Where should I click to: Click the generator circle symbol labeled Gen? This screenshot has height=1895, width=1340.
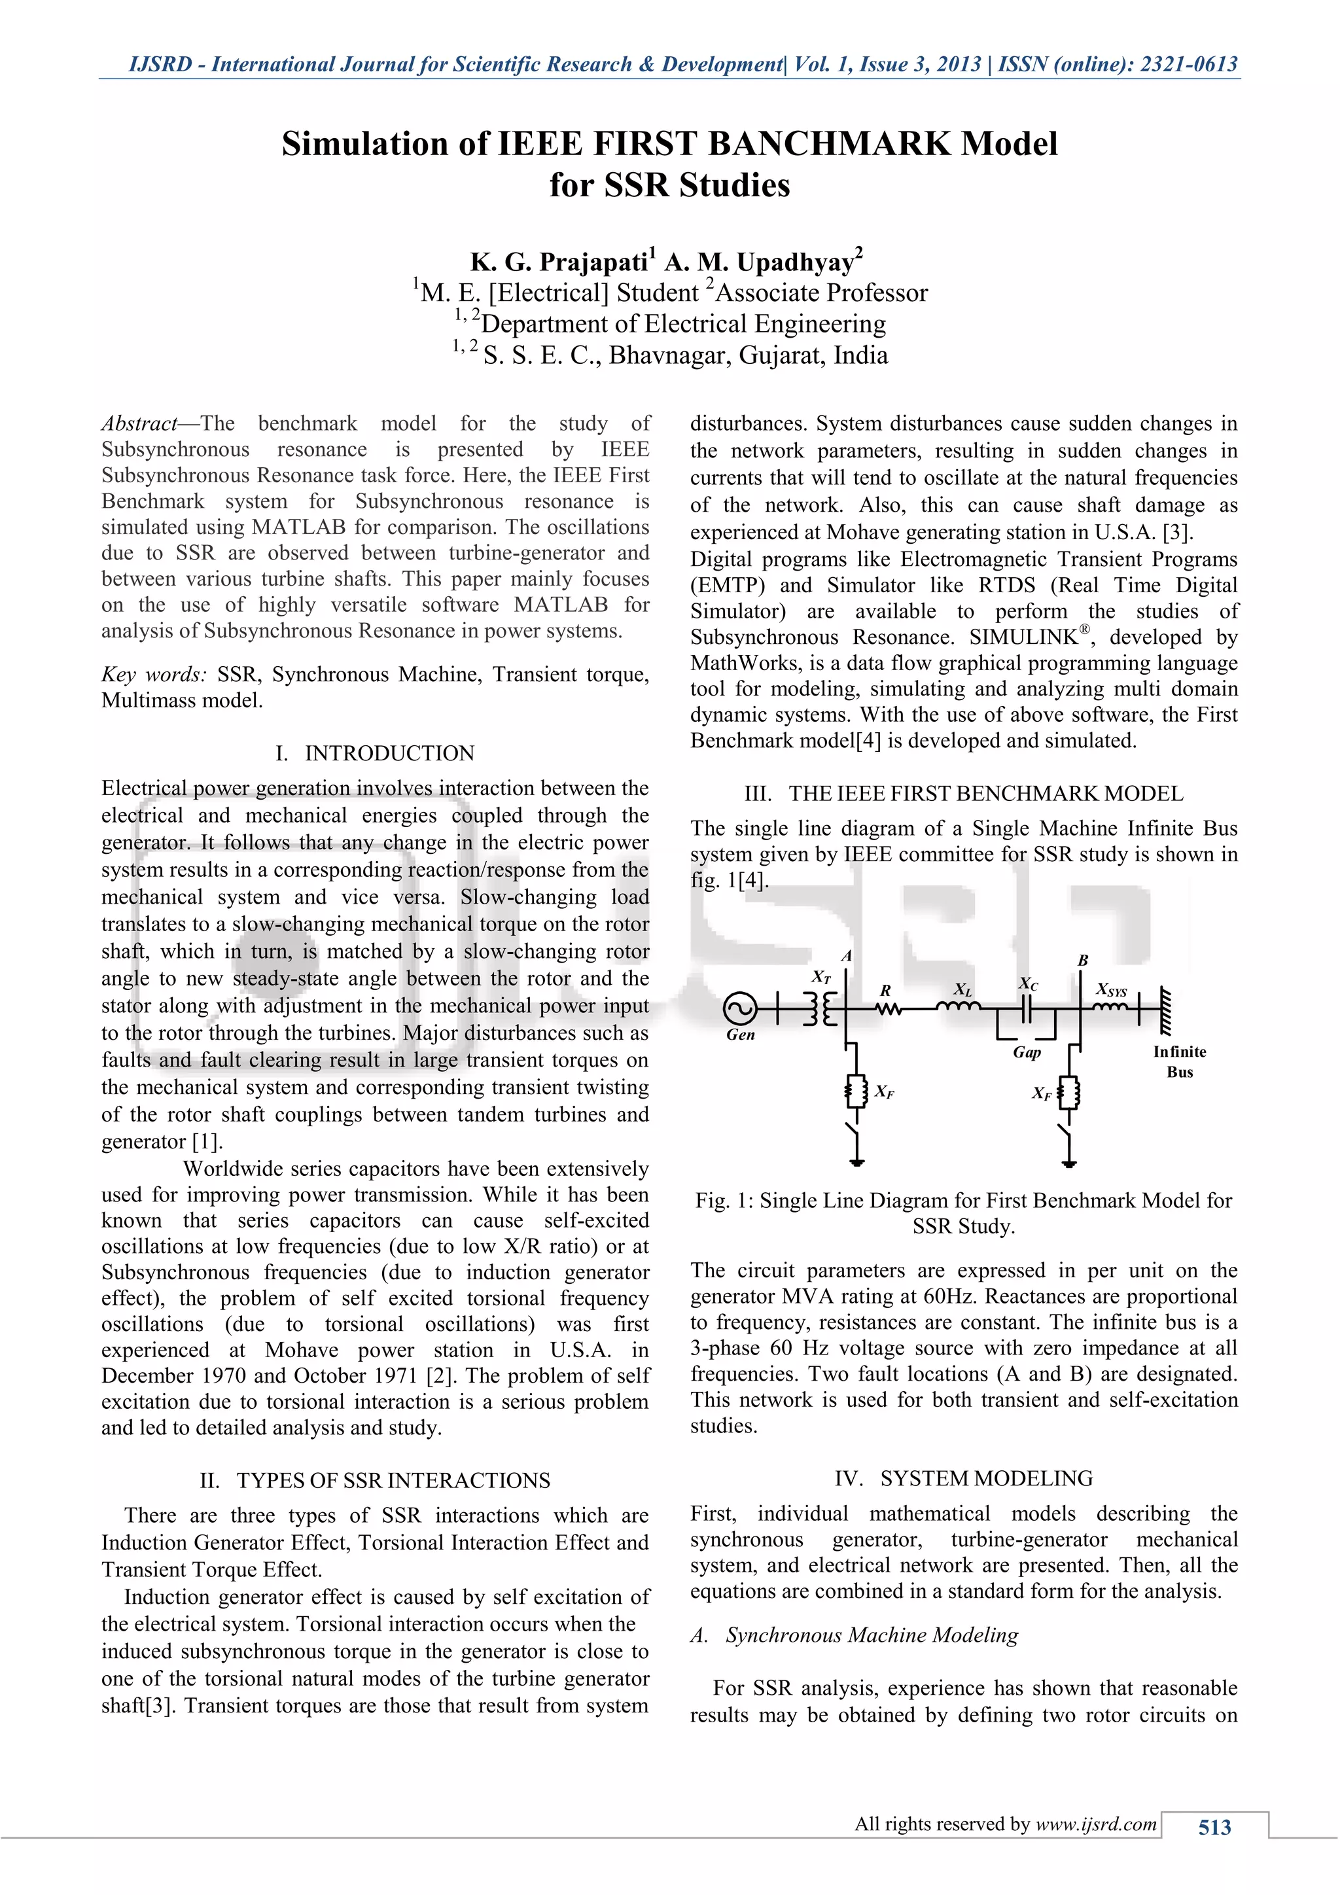coord(740,1008)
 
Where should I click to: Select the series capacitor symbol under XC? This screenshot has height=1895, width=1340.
coord(1027,1008)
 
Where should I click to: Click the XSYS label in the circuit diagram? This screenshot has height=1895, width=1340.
coord(1112,989)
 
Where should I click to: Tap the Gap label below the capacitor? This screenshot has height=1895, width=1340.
coord(1027,1052)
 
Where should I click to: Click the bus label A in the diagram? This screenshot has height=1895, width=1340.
coord(846,957)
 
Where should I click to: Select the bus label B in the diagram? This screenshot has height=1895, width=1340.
coord(1083,961)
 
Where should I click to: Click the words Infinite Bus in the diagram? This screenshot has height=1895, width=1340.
coord(1179,1061)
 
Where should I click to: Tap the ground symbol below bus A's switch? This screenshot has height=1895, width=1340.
coord(857,1162)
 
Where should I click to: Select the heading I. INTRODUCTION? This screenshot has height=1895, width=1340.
coord(376,754)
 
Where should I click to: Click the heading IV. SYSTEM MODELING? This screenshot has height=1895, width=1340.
coord(963,1478)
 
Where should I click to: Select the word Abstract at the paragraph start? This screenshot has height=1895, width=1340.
coord(139,424)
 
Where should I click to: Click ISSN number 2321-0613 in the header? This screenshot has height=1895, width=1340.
coord(1188,64)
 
